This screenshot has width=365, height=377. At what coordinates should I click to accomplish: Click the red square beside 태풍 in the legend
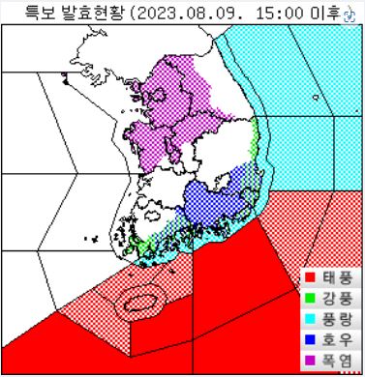[310, 277]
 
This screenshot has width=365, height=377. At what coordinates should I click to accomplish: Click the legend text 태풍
[336, 277]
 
